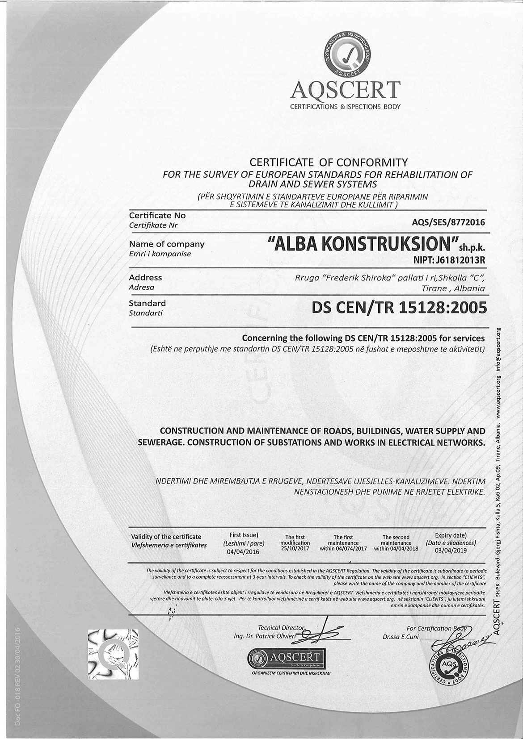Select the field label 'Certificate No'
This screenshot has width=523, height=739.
click(157, 215)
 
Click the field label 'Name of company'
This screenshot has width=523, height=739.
click(166, 244)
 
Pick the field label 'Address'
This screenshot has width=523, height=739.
click(145, 277)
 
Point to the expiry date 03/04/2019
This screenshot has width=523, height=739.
click(451, 550)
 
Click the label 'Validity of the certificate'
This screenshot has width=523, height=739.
click(166, 537)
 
